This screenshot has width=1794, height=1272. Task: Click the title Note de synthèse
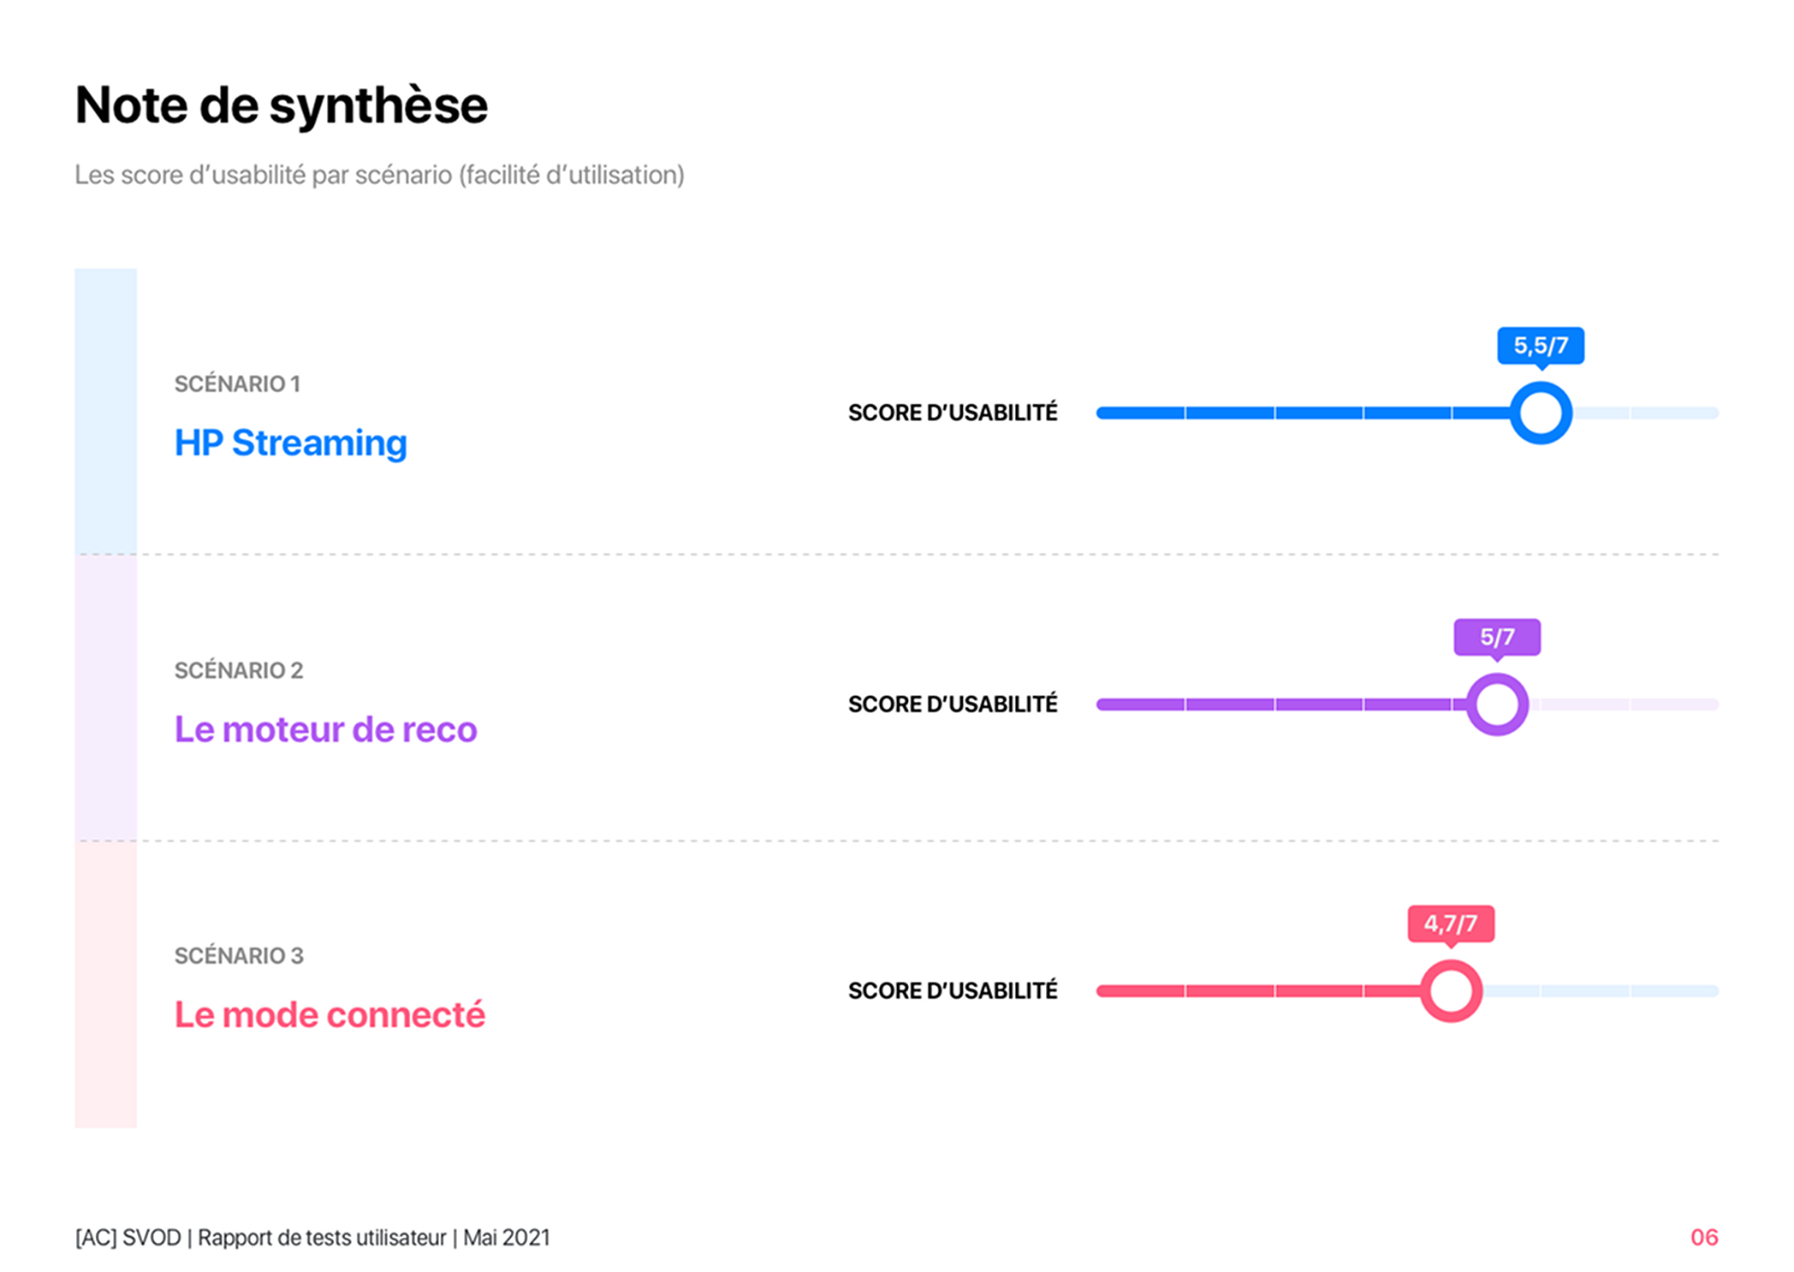click(x=281, y=106)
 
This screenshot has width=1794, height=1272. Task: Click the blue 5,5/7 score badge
click(x=1540, y=346)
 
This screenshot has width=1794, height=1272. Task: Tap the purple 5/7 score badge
click(x=1497, y=637)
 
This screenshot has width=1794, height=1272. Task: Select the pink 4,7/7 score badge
click(x=1451, y=924)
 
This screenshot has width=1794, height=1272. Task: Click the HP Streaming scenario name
click(x=291, y=443)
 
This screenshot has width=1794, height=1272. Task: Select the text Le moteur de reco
click(x=325, y=729)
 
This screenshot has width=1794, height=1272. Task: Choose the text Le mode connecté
click(x=330, y=1015)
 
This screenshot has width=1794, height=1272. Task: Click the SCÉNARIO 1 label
click(x=237, y=383)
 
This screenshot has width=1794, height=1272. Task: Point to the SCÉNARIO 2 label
click(x=239, y=670)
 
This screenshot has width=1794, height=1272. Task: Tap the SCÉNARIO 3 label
click(x=239, y=955)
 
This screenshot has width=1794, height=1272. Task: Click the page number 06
click(x=1703, y=1237)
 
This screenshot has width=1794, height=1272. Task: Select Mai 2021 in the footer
click(x=507, y=1238)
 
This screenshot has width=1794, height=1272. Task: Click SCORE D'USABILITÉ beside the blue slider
click(x=953, y=413)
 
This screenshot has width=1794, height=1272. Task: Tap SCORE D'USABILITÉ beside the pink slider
click(x=953, y=990)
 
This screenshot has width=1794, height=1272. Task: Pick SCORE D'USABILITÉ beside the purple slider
click(x=953, y=704)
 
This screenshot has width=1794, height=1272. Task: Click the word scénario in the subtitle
click(x=403, y=175)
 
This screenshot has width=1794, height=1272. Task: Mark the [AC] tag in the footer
click(x=96, y=1238)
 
